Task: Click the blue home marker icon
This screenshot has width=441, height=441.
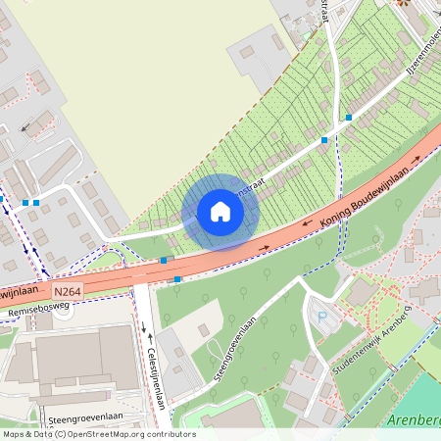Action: click(x=220, y=212)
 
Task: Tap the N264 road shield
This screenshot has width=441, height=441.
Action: click(x=68, y=292)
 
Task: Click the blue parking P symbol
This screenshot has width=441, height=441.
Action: click(x=321, y=317)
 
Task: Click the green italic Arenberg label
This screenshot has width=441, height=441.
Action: click(x=416, y=420)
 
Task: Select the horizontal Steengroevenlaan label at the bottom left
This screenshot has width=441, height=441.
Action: click(x=85, y=419)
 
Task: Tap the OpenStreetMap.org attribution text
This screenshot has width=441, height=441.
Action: click(x=117, y=434)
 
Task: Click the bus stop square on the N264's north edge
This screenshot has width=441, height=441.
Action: click(x=163, y=261)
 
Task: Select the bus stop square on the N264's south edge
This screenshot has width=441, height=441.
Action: click(x=177, y=279)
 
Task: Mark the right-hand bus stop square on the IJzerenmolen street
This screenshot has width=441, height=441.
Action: click(x=348, y=118)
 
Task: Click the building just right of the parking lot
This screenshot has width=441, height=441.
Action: click(x=360, y=293)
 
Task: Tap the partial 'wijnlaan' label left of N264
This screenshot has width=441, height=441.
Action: click(x=22, y=293)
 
